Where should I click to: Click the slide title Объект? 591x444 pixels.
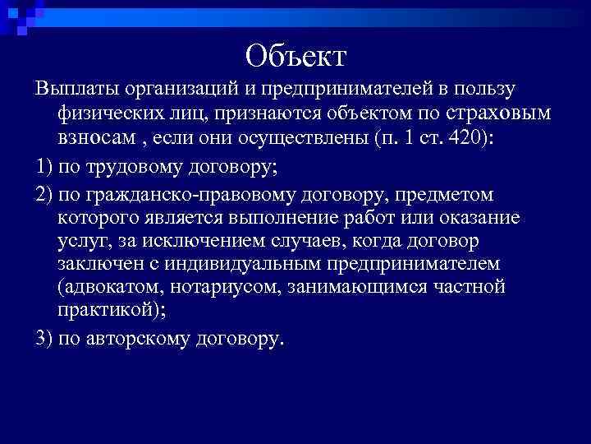(x=296, y=56)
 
